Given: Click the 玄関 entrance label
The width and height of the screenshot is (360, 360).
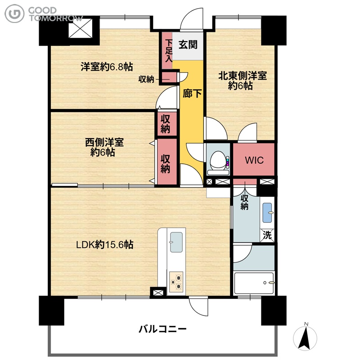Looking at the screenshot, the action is (x=188, y=45).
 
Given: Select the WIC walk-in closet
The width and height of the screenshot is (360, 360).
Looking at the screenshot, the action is (x=254, y=160).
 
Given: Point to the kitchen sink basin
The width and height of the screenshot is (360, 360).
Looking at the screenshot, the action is (x=176, y=242).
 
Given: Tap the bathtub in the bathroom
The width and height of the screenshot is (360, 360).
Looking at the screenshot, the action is (x=254, y=283).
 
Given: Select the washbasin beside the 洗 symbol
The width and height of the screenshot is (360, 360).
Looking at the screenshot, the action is (x=267, y=212).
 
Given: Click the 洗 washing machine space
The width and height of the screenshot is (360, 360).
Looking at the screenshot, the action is (x=267, y=235).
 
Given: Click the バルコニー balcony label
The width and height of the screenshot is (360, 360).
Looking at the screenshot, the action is (x=162, y=329).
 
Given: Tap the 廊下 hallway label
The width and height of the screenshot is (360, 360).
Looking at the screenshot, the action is (x=192, y=94).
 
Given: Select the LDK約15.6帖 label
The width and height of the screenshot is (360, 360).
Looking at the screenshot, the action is (x=105, y=245).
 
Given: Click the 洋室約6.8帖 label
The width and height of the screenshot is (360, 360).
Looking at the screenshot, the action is (x=107, y=67).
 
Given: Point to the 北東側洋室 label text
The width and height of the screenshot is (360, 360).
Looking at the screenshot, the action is (x=243, y=76).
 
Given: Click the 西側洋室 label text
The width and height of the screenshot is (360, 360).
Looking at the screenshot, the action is (x=104, y=142).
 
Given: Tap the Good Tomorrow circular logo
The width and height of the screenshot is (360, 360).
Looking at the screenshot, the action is (x=14, y=13).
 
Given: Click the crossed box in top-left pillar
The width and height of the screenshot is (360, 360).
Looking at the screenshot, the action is (x=81, y=28).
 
